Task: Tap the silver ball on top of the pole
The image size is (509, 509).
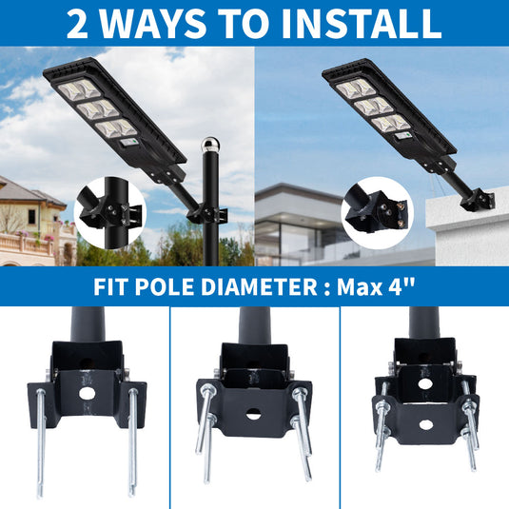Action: click(210, 147)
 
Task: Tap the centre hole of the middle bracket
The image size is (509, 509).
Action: click(254, 414)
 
